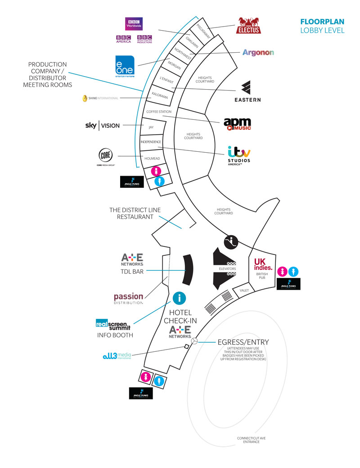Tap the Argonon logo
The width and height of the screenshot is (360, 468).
[258, 53]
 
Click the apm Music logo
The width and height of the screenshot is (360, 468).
[237, 124]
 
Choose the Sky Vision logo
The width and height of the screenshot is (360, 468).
[103, 125]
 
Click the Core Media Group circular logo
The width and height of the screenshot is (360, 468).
[106, 157]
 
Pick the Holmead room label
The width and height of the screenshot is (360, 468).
[153, 159]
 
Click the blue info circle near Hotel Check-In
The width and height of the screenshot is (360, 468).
[179, 298]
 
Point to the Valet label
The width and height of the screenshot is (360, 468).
[244, 291]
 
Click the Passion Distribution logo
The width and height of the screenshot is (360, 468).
[128, 299]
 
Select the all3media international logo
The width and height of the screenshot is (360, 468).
[117, 356]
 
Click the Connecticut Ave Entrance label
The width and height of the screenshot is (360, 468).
[248, 440]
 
